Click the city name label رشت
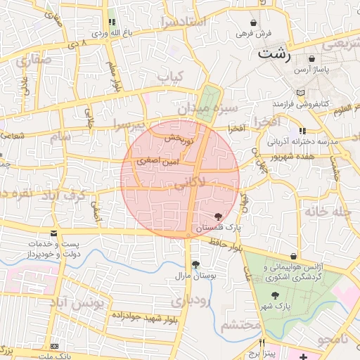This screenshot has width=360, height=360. (275, 53)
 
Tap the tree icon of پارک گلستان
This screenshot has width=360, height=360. (218, 217)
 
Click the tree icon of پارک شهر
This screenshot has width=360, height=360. (277, 295)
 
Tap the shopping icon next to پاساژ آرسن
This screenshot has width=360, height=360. (312, 59)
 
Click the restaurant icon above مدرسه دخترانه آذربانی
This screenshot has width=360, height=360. (302, 131)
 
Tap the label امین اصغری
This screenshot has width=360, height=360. (160, 162)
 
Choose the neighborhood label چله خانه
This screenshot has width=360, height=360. (326, 210)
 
